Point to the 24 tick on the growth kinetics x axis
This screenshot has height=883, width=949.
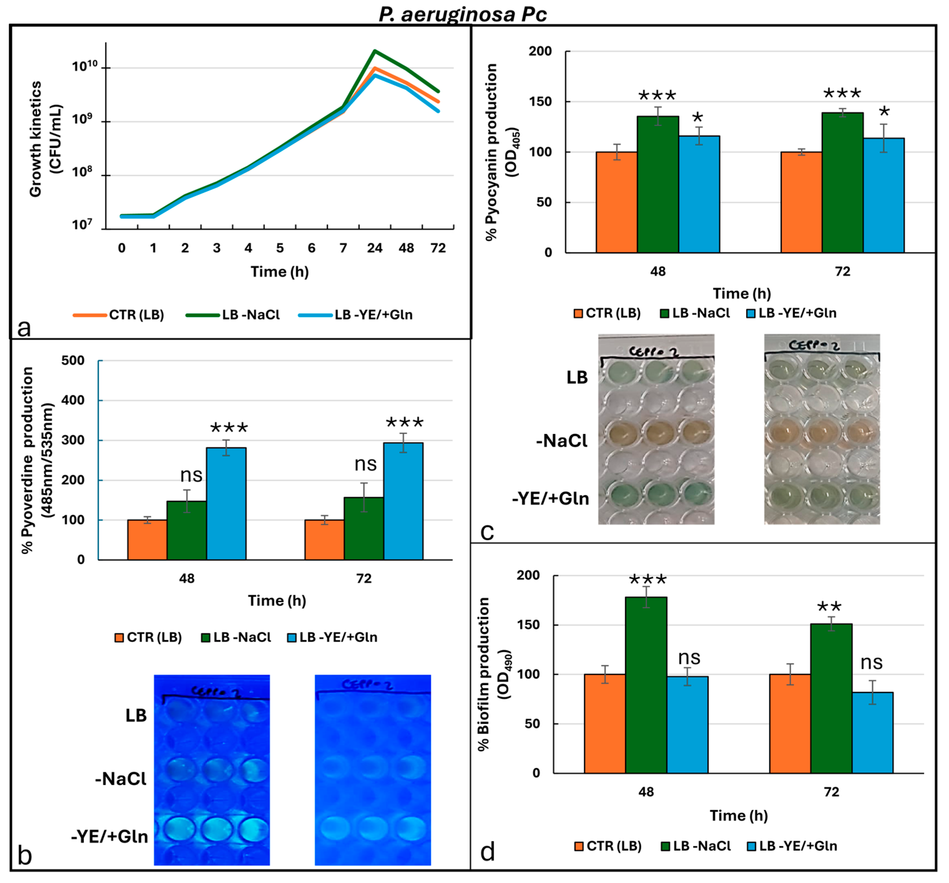click(374, 248)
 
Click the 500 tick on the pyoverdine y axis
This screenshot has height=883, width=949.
click(73, 361)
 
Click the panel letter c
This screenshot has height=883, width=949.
click(487, 531)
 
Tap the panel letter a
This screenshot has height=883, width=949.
click(23, 328)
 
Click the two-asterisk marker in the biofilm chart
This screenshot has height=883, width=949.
click(829, 607)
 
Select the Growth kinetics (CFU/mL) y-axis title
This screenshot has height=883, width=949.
click(45, 139)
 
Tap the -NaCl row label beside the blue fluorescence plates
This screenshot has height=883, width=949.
click(121, 779)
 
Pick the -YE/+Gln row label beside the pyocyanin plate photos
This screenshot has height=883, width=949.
click(550, 498)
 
